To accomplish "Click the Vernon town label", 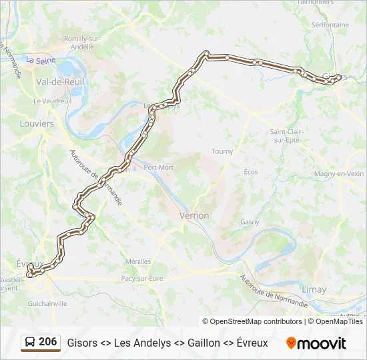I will (194, 216).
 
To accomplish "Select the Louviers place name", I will (37, 124).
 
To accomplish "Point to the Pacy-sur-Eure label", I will (141, 278).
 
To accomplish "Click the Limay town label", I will (314, 290).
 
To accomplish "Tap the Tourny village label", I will (222, 151).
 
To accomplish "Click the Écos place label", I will (251, 172).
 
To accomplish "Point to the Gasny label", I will (250, 222).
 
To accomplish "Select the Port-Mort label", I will (158, 167).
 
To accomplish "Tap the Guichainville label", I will (47, 303).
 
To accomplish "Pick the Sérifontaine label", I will (330, 25).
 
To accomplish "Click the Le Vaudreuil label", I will (52, 100).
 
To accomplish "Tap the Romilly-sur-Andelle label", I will (81, 43).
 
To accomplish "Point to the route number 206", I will (48, 342).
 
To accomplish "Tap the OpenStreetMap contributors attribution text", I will (252, 321).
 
